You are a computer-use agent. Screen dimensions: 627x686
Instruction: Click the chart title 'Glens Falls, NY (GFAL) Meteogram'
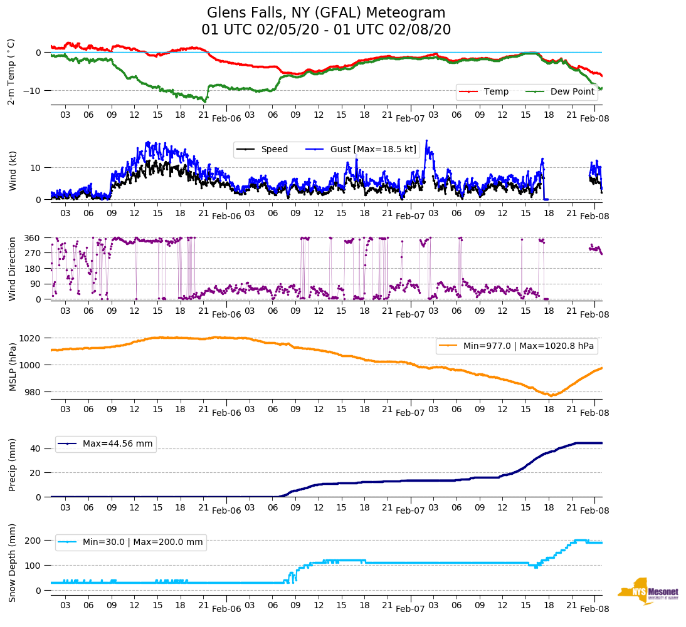pos(326,13)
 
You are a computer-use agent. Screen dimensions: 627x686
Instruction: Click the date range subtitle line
pos(326,29)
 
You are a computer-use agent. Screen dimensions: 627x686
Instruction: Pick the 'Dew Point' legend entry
pos(573,91)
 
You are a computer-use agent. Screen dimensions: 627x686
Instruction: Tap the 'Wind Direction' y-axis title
pos(12,269)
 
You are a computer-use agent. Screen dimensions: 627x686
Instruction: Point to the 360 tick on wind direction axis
pos(33,238)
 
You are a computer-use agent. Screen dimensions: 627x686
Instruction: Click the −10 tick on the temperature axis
pos(31,91)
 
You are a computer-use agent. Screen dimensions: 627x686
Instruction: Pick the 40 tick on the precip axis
pos(36,448)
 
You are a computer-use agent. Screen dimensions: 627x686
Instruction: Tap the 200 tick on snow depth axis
pos(33,541)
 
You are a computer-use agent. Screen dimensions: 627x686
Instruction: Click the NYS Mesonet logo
pos(648,591)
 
